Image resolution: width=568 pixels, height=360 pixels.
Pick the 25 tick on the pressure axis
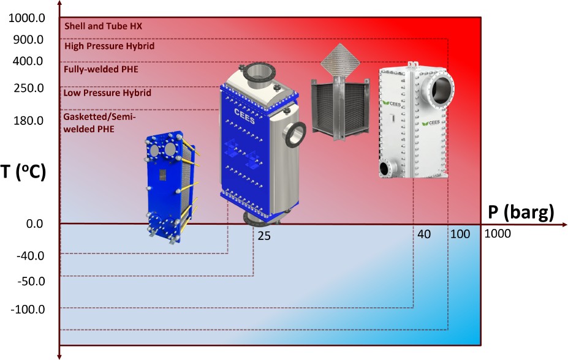pos(264,235)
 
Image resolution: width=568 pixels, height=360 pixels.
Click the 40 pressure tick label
pos(424,234)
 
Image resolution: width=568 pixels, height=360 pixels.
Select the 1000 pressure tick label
pos(497,234)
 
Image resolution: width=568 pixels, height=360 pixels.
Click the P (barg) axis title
pos(521,212)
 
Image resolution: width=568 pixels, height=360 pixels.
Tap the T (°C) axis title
pos(23,172)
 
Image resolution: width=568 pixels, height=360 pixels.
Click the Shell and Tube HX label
pos(103,26)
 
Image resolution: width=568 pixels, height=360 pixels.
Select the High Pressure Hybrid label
pos(109,46)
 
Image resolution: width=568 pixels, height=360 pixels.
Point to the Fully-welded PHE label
pos(101,69)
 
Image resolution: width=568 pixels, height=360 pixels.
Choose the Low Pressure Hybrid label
pos(107,94)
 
